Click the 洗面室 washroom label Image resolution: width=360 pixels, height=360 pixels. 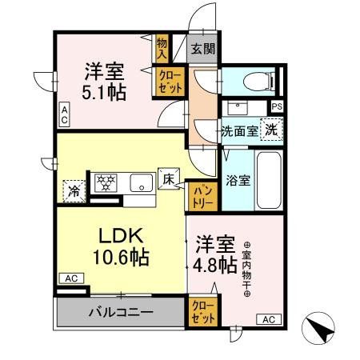pos(239,131)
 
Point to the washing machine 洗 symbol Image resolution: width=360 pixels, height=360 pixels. pos(272,130)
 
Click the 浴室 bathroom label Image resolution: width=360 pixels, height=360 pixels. pos(238,180)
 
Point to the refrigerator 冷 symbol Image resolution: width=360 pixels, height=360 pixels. pos(73,190)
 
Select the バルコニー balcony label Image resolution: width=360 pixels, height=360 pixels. pos(121,312)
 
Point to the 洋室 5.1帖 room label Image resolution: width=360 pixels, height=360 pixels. pos(104,81)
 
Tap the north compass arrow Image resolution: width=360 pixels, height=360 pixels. pos(316,327)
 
